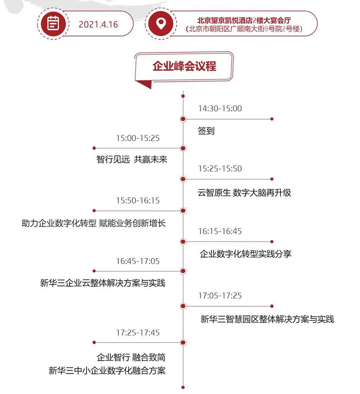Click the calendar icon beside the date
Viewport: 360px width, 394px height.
point(53,24)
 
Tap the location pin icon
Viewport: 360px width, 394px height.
point(160,24)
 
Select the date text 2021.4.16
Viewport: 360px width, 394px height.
point(98,25)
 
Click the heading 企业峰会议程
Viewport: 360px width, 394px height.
point(185,66)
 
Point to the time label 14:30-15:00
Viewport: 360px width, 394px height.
point(220,109)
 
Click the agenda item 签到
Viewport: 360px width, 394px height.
point(206,131)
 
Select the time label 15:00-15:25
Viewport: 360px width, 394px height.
point(138,138)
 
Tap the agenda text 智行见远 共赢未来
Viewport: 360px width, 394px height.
point(132,159)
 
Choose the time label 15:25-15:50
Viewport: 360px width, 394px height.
point(220,168)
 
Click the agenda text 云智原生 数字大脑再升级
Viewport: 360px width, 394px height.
point(244,192)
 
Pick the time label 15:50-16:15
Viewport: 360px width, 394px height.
point(138,201)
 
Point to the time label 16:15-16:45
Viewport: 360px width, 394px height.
point(220,231)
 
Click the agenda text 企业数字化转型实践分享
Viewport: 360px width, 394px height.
point(246,254)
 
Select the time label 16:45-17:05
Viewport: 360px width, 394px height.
point(138,261)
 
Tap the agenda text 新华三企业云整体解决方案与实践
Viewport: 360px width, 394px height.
point(103,283)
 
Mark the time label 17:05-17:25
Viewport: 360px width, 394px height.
point(220,296)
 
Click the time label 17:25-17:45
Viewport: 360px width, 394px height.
point(138,333)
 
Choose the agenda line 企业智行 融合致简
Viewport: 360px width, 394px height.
point(131,357)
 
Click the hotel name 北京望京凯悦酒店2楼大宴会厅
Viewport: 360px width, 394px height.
point(244,20)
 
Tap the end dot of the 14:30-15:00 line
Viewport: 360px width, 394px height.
point(272,119)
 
